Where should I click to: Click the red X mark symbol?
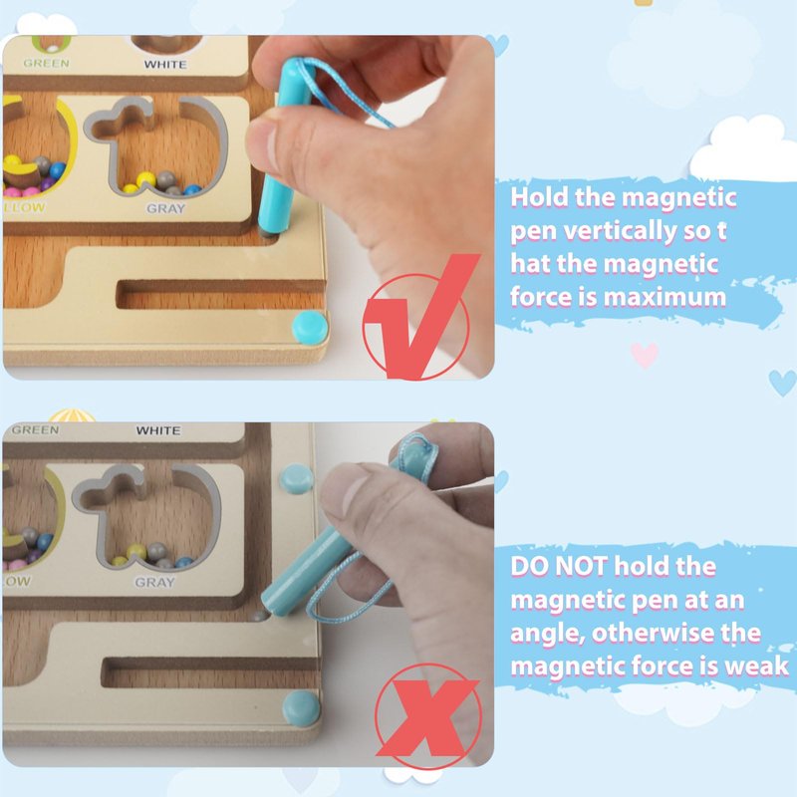tap(428, 717)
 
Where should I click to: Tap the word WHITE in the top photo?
tap(165, 65)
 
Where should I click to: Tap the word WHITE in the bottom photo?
tap(158, 430)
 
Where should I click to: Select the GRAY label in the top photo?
tap(165, 208)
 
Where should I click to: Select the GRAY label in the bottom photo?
tap(154, 582)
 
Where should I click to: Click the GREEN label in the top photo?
tap(46, 63)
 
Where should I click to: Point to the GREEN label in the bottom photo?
tap(35, 430)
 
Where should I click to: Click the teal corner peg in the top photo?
tap(310, 326)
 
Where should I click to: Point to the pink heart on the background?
tap(644, 355)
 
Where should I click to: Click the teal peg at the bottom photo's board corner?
tap(301, 708)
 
